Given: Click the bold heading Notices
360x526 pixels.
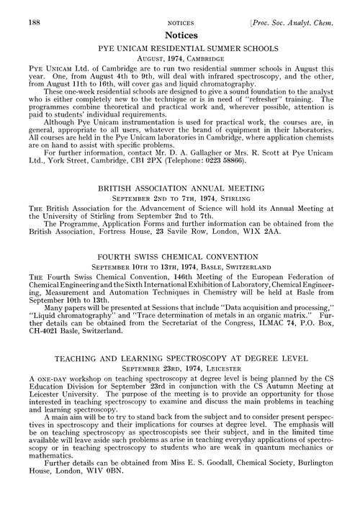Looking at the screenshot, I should (x=180, y=34).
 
